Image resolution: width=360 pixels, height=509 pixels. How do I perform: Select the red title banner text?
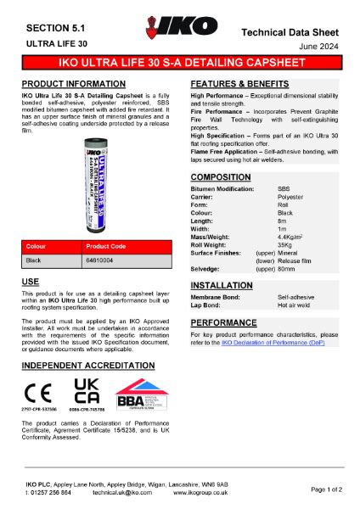point(180,64)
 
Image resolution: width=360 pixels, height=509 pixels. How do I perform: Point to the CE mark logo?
point(37,392)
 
